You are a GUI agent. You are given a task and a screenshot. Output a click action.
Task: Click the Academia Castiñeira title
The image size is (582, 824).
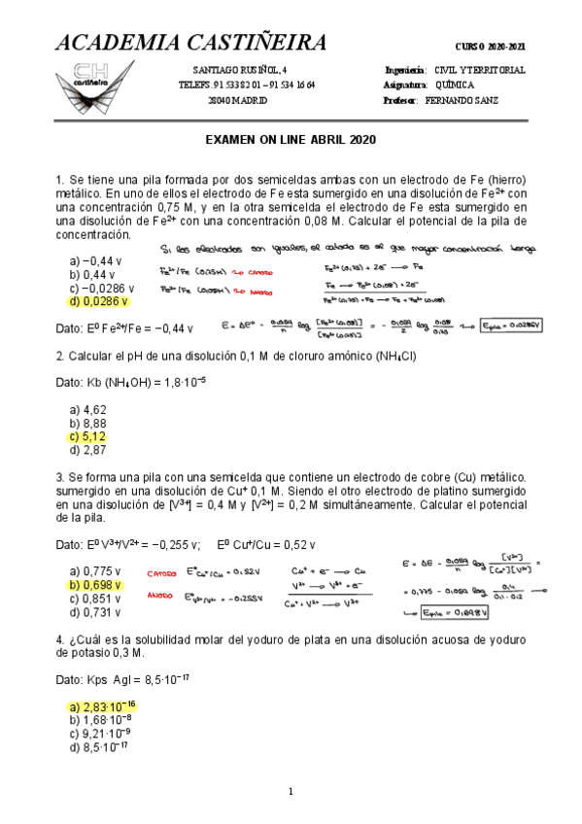point(189,43)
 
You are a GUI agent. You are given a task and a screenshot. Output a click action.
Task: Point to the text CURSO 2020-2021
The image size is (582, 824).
point(491,48)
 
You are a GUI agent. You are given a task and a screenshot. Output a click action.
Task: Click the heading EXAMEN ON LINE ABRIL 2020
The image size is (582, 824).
point(291,140)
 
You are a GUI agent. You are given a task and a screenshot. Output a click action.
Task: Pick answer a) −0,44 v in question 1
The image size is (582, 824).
point(94,261)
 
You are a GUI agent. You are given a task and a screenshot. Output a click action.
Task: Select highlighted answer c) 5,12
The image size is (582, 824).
point(87,437)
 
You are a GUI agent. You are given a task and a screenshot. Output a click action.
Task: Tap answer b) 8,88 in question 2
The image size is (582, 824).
point(87,424)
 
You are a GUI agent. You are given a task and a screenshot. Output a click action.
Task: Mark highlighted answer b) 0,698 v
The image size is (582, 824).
point(95,586)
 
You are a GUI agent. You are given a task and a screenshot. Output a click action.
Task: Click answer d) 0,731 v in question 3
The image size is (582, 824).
point(95,613)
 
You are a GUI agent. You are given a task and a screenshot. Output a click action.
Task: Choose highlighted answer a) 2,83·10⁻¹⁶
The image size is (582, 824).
point(102,705)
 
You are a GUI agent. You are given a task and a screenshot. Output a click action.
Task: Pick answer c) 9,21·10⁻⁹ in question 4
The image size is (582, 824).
point(100,733)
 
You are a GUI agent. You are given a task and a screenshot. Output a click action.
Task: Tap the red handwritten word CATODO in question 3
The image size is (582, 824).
point(165,573)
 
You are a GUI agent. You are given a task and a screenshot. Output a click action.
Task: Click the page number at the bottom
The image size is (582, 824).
point(291,792)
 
